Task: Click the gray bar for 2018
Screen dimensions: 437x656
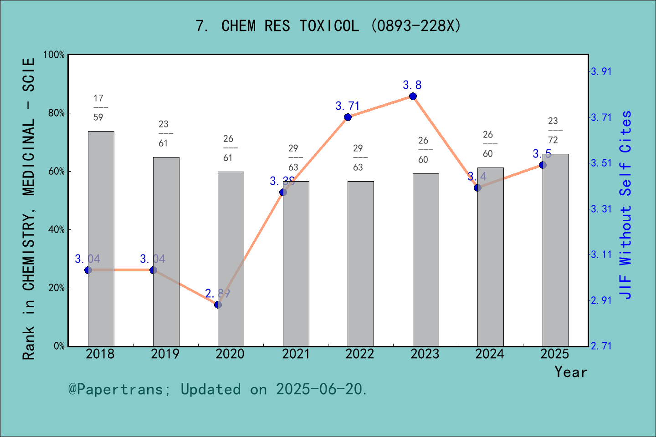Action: tap(101, 239)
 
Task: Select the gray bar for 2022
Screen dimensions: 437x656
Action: tap(360, 264)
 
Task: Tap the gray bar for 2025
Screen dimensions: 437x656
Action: tap(555, 250)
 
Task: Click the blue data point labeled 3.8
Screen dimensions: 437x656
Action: tap(413, 96)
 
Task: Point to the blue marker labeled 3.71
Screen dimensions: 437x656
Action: tap(348, 117)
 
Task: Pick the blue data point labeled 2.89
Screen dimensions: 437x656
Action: tap(218, 305)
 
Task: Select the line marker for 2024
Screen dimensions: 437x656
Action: tap(477, 188)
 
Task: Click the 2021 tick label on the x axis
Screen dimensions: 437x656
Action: tap(296, 354)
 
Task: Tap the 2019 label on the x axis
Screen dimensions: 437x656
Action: tap(165, 354)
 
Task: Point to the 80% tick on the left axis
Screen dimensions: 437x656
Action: tap(56, 113)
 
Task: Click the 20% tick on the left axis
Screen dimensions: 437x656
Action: tap(56, 288)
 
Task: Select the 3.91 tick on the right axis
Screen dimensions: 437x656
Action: tap(601, 71)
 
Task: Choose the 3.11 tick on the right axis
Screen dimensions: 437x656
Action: tap(601, 254)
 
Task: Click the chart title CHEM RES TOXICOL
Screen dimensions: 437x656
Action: tap(328, 26)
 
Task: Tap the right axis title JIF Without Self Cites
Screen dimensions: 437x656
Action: tap(626, 205)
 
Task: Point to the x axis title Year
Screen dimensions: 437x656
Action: tap(571, 372)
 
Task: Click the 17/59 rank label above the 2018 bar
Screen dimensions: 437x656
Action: tap(98, 108)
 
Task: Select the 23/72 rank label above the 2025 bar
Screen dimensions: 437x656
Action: tap(553, 130)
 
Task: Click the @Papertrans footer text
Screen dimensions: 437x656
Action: tap(218, 389)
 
